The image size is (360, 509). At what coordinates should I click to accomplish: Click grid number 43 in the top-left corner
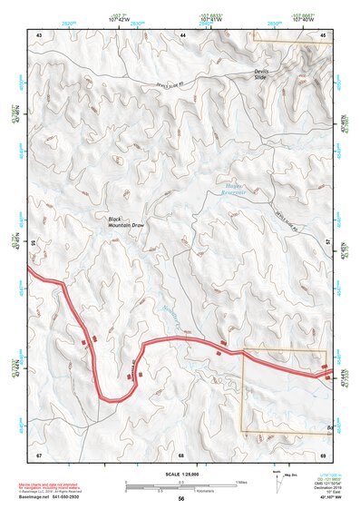pos(39,34)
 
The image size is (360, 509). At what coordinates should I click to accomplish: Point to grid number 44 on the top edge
pos(182,34)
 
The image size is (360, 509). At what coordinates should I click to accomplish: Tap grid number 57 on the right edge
pos(328,244)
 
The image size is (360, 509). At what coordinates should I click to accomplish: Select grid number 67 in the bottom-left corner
pos(39,454)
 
